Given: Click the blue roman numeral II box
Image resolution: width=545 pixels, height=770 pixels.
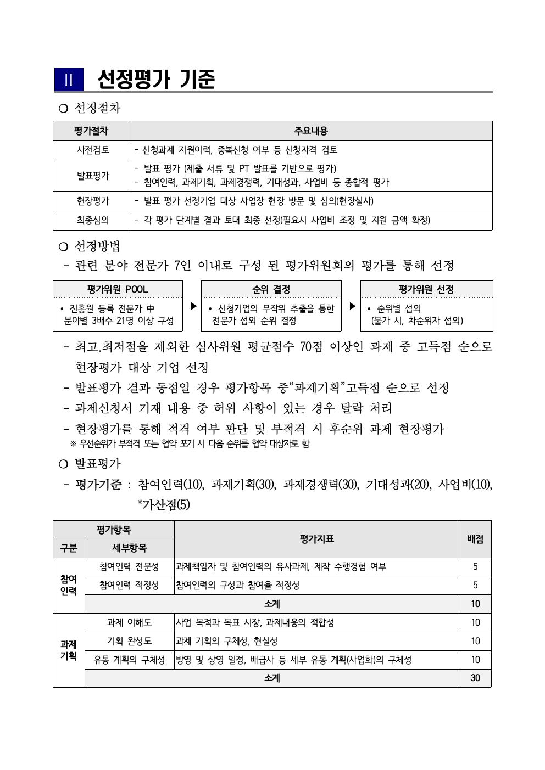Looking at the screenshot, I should [69, 80].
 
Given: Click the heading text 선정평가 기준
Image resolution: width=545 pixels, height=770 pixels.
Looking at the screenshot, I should [156, 80].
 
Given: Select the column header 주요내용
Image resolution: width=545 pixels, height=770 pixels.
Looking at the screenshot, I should [311, 131].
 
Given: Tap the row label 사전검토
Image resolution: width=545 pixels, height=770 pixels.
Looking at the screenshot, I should [93, 150].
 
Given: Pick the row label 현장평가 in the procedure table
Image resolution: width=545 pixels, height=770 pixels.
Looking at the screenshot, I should [93, 201].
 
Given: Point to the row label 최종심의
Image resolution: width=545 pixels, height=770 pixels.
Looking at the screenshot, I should [93, 220].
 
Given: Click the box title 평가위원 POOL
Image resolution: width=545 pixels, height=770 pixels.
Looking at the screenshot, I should [118, 289].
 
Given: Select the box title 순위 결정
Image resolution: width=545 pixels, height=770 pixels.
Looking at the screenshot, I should [271, 289].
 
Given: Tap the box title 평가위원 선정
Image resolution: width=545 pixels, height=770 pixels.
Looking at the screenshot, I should [426, 289].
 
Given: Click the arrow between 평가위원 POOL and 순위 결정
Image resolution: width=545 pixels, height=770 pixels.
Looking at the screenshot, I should [193, 306].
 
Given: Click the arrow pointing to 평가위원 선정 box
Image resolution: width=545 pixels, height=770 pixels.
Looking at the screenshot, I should [353, 306].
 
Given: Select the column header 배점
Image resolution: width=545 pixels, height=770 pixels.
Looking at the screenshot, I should [475, 539].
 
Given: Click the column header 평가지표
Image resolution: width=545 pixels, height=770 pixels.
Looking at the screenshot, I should [317, 539].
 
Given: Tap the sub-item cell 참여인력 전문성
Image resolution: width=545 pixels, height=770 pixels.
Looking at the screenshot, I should [129, 566].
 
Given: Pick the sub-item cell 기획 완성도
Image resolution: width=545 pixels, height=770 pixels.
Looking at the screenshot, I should [129, 641].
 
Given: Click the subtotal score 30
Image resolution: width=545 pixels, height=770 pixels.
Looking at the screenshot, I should [475, 678].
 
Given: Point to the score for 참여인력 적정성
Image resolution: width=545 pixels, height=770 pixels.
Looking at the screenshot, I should [475, 585].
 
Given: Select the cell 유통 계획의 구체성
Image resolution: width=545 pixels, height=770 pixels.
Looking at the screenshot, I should [129, 660].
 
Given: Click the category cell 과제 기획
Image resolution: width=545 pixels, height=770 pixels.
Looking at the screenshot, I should [69, 650].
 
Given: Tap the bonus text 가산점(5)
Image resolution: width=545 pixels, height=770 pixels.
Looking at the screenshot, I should [165, 504].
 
